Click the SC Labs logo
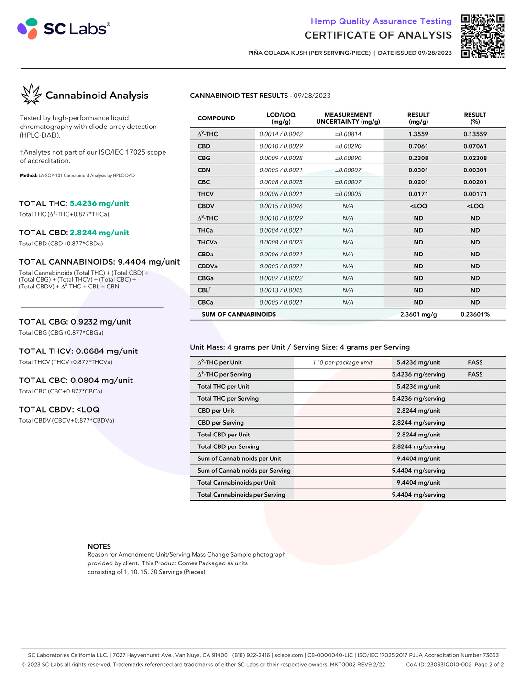coord(64,29)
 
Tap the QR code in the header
coord(482,36)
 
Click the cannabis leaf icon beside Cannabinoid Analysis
coord(32,95)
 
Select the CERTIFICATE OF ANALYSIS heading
coord(378,35)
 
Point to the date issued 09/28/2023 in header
coord(415,53)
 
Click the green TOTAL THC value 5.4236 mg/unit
coord(99,203)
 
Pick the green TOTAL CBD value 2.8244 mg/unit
coord(99,233)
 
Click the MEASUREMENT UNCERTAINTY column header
coord(348,118)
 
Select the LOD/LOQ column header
coord(281,118)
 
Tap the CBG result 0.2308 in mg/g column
coord(418,158)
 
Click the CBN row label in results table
coord(204,170)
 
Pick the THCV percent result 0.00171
coord(475,194)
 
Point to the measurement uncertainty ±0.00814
coord(348,134)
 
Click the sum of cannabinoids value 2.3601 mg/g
coord(418,314)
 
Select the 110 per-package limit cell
coord(342,362)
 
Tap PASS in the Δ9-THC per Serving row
coord(475,374)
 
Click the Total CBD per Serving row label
coord(228,446)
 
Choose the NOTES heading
coord(99,546)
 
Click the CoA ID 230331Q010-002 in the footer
coord(438,664)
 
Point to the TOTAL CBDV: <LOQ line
coord(59,409)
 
